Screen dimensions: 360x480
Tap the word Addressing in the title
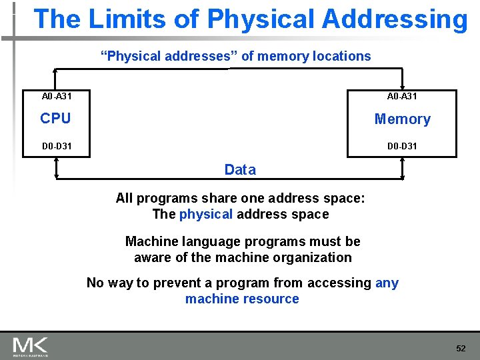[395, 19]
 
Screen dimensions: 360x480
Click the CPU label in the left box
[55, 119]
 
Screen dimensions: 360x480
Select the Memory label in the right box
[402, 119]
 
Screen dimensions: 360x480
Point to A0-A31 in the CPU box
[57, 97]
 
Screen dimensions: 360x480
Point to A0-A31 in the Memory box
[402, 97]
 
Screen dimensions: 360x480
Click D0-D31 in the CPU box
[57, 146]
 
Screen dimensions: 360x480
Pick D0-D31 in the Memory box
[402, 146]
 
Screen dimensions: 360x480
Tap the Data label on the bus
[240, 170]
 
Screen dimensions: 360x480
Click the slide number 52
[461, 349]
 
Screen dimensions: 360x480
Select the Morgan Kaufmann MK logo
[31, 346]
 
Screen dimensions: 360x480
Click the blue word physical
[206, 215]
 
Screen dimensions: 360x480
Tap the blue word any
[387, 283]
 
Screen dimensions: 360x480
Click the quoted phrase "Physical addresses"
[169, 57]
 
